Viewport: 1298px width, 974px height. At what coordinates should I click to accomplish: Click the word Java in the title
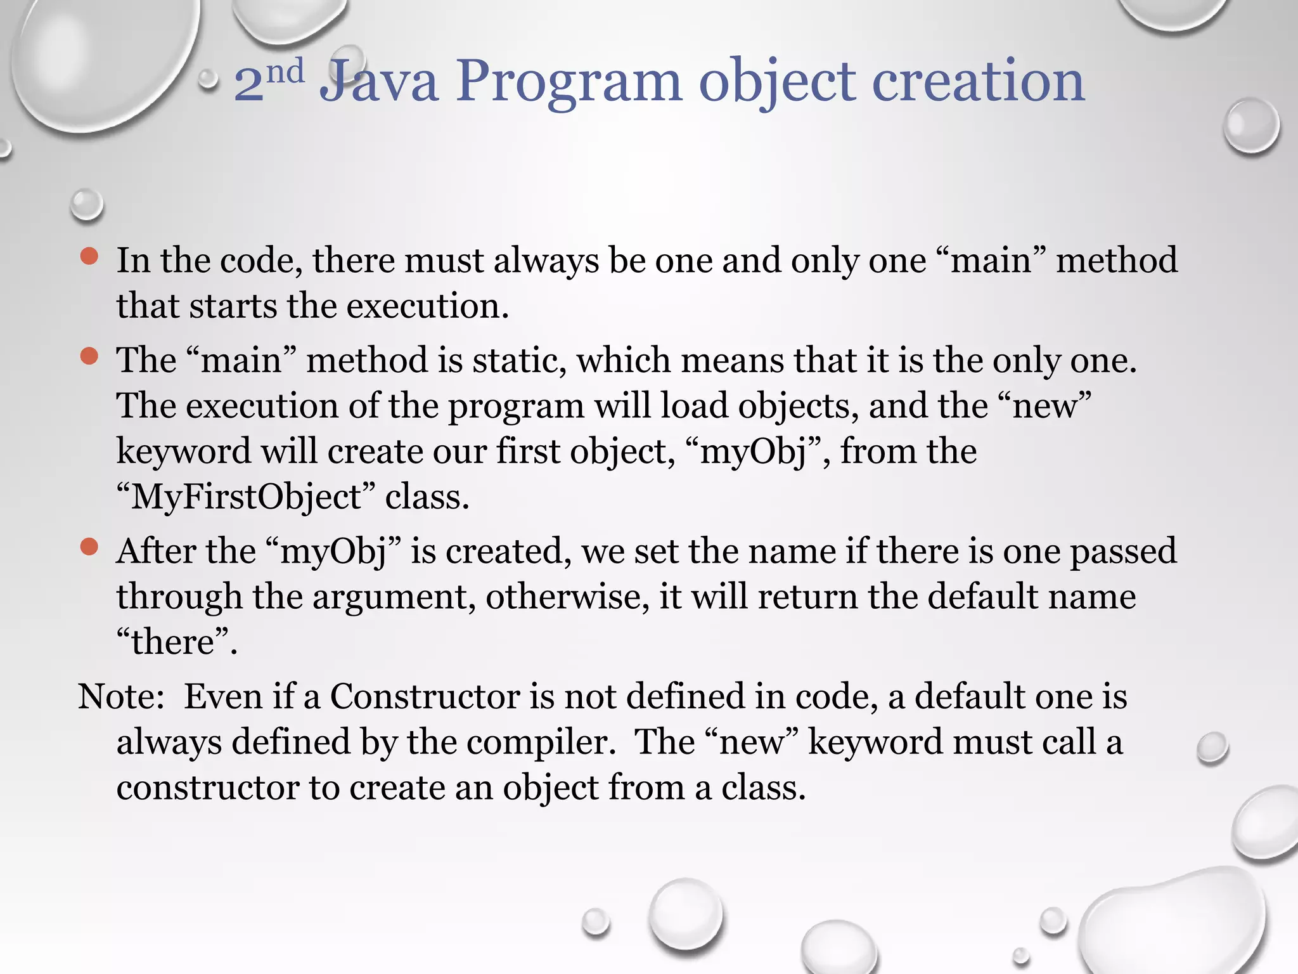coord(379,82)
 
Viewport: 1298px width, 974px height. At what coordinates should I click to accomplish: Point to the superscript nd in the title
coord(285,71)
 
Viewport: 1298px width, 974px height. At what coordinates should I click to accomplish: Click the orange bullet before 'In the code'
coord(89,256)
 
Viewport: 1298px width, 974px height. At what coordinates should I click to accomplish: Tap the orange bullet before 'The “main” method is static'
coord(89,356)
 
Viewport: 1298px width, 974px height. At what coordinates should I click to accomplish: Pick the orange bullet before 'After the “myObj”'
coord(89,547)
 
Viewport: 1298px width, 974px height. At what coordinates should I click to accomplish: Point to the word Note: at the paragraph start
coord(121,696)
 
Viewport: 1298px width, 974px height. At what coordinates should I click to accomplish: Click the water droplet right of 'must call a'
coord(1212,748)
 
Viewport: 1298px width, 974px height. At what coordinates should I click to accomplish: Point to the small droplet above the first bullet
coord(86,205)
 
